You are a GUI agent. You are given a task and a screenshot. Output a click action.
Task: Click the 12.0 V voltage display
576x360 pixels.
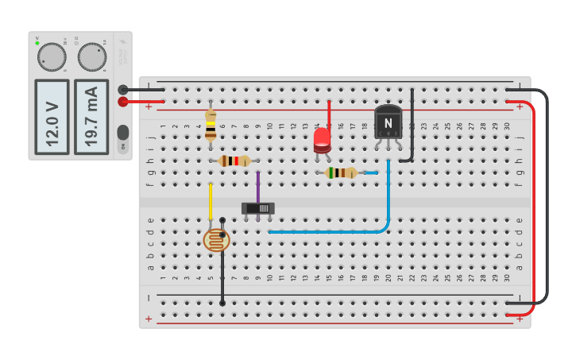click(52, 116)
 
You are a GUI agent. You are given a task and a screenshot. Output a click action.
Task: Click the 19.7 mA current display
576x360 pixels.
click(91, 116)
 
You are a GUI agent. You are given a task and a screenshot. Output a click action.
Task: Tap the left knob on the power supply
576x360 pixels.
click(52, 57)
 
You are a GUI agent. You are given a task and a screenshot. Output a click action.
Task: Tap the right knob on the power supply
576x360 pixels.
click(91, 57)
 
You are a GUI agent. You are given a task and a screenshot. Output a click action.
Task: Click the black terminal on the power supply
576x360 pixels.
click(123, 90)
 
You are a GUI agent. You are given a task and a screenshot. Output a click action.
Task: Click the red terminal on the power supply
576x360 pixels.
click(123, 102)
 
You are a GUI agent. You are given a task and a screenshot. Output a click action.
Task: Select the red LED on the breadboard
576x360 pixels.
click(322, 141)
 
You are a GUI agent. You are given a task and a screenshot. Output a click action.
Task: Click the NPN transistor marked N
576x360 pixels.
click(388, 122)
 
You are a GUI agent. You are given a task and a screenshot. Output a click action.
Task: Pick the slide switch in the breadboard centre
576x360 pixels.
click(258, 208)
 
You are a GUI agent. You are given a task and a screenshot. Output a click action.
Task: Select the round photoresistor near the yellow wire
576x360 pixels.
click(216, 239)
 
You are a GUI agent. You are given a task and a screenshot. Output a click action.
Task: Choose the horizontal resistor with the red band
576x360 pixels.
click(234, 161)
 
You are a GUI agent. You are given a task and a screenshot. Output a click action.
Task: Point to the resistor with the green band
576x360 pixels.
click(341, 172)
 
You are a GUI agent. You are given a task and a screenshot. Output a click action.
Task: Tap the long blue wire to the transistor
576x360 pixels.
click(334, 232)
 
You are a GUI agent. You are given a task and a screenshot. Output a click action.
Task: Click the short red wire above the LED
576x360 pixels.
click(329, 113)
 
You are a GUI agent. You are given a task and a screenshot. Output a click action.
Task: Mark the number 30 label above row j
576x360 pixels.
click(506, 126)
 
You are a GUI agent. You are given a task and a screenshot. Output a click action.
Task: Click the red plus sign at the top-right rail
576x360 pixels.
click(520, 105)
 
